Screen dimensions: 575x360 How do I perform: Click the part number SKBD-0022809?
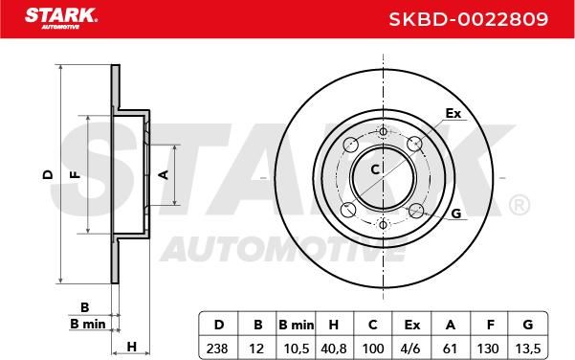point(468,19)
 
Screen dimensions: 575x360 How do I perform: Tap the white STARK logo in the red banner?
point(61,18)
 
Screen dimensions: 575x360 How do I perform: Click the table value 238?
point(217,349)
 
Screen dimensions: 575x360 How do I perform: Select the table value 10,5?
point(297,349)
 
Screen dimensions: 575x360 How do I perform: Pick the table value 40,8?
point(334,349)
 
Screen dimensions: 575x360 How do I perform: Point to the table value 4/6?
point(411,349)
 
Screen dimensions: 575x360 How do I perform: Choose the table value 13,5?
point(528,349)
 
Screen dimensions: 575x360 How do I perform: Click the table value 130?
point(488,349)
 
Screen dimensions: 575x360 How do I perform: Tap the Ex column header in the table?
point(411,325)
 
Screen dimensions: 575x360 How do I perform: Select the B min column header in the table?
point(297,325)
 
